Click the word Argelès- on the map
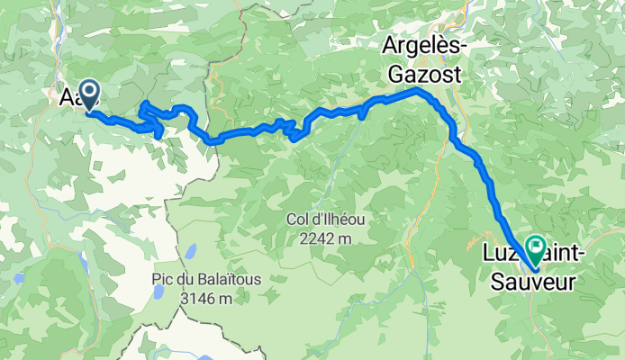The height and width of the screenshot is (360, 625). pos(420,45)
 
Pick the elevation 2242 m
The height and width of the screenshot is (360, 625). pos(326,238)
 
